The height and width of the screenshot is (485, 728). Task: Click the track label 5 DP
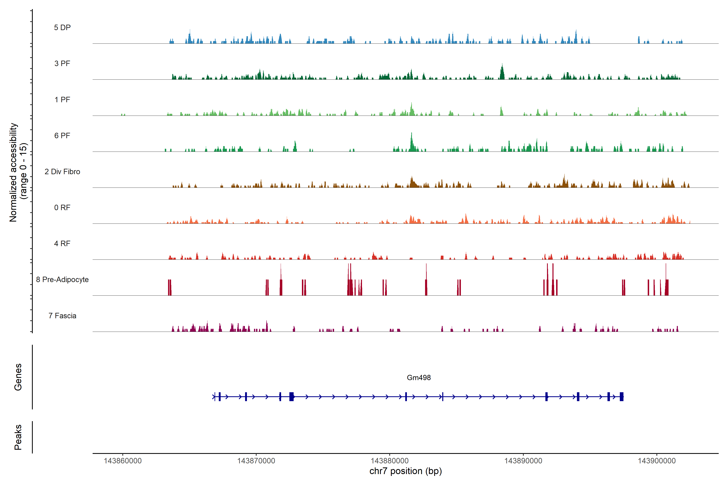coord(62,27)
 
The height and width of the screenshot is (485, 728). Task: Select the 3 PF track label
coord(62,63)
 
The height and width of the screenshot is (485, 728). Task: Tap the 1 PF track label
coord(62,100)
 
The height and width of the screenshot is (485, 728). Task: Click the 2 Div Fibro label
coord(62,172)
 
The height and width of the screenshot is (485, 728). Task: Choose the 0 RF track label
coord(62,208)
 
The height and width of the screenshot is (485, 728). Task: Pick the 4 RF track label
coord(62,244)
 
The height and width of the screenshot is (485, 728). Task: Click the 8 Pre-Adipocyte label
coord(62,280)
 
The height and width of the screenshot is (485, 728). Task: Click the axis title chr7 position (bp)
coord(405,471)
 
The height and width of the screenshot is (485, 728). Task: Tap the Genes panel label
coord(18,377)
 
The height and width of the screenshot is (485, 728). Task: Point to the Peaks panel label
coord(18,437)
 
